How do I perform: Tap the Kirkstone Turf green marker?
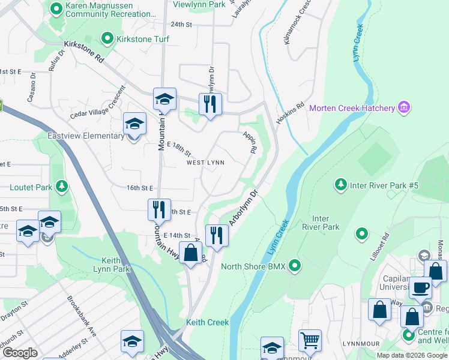pos(108,40)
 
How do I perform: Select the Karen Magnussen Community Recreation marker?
pos(56,8)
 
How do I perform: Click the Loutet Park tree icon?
pos(61,187)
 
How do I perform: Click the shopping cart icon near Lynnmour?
pos(310,341)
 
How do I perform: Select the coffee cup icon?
pos(420,287)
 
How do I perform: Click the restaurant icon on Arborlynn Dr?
pos(217,235)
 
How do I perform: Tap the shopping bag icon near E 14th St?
pos(190,252)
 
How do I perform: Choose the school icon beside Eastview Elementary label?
pos(134,124)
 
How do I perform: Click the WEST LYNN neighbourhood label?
pos(205,163)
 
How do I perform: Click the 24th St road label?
pos(181,25)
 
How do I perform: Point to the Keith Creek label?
pos(207,322)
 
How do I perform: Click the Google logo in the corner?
pos(20,353)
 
